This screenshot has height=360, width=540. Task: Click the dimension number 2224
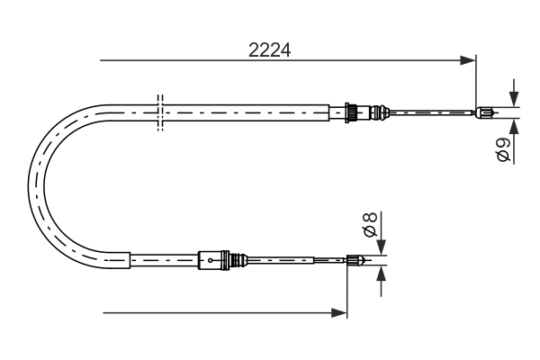pos(270,50)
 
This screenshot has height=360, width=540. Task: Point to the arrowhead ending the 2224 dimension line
pos(467,61)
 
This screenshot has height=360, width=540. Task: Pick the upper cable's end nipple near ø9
pos(485,112)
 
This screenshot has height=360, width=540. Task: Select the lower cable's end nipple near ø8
pos(357,262)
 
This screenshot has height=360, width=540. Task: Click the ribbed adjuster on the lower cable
pos(238,261)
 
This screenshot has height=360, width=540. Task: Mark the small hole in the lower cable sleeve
pos(210,262)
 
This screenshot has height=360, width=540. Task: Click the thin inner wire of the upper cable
pos(432,112)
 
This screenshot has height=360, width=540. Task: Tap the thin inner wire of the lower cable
pos(297,262)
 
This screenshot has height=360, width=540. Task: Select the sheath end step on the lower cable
pos(131,259)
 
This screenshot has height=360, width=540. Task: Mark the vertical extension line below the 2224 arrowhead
pos(475,85)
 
